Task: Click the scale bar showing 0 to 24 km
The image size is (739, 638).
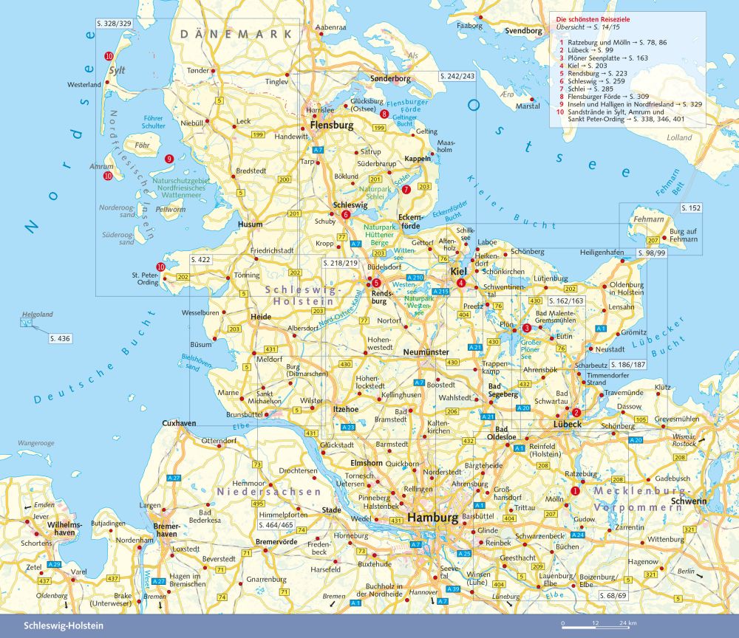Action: pos(599,625)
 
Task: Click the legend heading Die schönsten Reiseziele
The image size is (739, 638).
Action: pos(595,17)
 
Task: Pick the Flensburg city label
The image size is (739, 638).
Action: pos(332,126)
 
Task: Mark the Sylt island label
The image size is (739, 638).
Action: pos(118,72)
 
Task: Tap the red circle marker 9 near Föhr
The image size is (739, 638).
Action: pos(169,158)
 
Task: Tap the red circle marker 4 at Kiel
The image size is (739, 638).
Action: pos(460,284)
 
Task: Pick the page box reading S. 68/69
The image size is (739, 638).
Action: pos(613,595)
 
